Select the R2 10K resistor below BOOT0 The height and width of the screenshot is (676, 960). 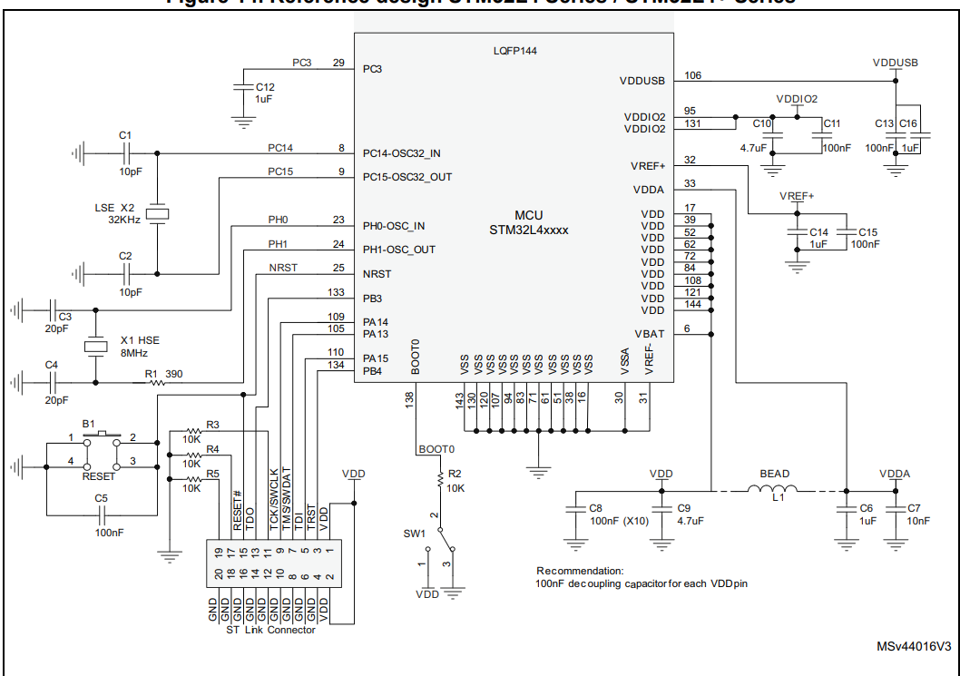coord(441,476)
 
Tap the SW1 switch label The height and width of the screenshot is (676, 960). coord(416,532)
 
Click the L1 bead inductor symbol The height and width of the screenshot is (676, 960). coord(773,492)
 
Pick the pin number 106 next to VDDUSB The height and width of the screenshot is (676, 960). coord(693,75)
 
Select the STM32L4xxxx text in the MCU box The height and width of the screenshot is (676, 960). coord(529,230)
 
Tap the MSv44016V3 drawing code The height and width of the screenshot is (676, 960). coord(913,647)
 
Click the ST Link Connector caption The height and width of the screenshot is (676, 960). coord(270,630)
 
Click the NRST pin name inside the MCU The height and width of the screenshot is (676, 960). coord(377,274)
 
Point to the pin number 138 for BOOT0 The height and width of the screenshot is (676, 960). coord(409,397)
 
